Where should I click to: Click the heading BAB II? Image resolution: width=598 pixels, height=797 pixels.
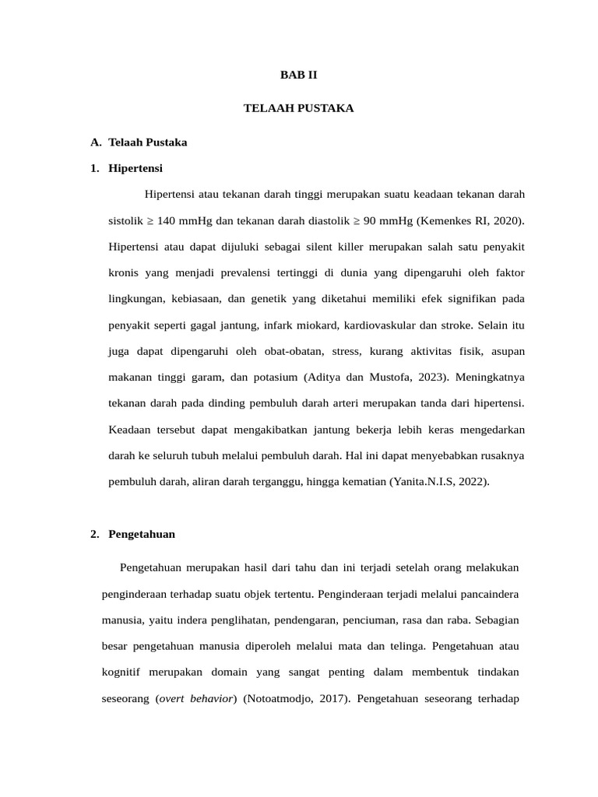click(x=299, y=75)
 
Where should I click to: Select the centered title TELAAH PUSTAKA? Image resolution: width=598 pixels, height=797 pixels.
click(x=299, y=108)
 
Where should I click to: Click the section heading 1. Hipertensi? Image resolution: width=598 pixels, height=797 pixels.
click(x=127, y=168)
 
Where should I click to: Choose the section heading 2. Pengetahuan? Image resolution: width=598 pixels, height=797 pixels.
click(x=132, y=534)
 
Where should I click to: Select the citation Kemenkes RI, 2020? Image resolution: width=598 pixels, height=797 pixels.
click(x=470, y=221)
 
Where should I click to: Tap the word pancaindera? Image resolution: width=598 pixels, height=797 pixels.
click(x=487, y=594)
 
